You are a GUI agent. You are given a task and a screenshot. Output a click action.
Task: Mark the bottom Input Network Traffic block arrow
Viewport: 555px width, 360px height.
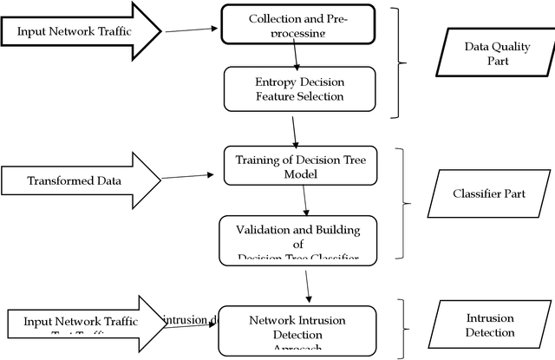point(83,323)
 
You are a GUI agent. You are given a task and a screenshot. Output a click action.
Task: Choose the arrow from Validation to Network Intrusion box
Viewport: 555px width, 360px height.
point(309,284)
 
